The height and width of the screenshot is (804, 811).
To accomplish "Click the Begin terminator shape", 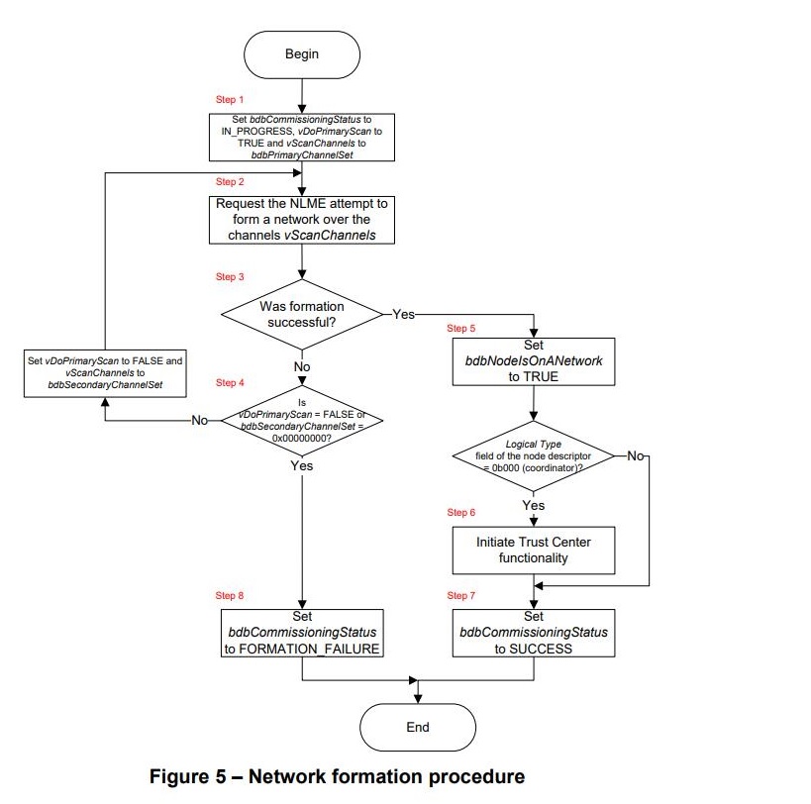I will (x=302, y=54).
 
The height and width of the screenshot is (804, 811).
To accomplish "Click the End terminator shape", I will (x=418, y=726).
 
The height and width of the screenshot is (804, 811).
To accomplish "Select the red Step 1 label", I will (x=230, y=100).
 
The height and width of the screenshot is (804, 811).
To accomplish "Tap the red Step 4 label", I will (x=230, y=382).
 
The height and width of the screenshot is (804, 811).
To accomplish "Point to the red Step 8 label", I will (x=230, y=595).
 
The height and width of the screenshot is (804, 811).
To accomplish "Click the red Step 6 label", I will (x=461, y=512).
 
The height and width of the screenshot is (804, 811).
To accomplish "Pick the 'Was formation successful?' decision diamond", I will (x=301, y=315).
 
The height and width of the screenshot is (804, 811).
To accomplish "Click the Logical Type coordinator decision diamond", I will (x=533, y=455).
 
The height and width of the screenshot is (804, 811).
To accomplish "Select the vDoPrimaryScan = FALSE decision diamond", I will (x=301, y=420).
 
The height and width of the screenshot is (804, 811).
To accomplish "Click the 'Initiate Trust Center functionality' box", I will (x=533, y=550).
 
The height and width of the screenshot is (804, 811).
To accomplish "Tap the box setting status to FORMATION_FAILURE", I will (x=301, y=633).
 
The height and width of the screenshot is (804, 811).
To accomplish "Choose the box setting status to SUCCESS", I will (x=533, y=633).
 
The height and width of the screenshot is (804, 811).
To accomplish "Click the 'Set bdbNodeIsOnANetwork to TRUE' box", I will (x=533, y=361).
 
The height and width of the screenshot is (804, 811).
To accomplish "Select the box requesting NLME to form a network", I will (x=301, y=220).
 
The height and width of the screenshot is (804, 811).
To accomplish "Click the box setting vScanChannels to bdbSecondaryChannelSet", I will (x=104, y=371).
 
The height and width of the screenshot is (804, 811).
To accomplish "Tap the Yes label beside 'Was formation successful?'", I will (x=404, y=313).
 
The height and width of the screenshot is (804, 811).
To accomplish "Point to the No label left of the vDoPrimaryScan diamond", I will (x=201, y=420).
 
